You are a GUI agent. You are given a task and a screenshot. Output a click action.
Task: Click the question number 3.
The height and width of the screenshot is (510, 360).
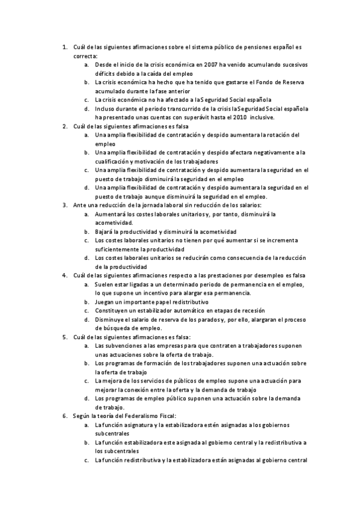tap(64, 205)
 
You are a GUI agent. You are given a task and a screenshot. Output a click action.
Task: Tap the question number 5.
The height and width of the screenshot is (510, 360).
tap(64, 337)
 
